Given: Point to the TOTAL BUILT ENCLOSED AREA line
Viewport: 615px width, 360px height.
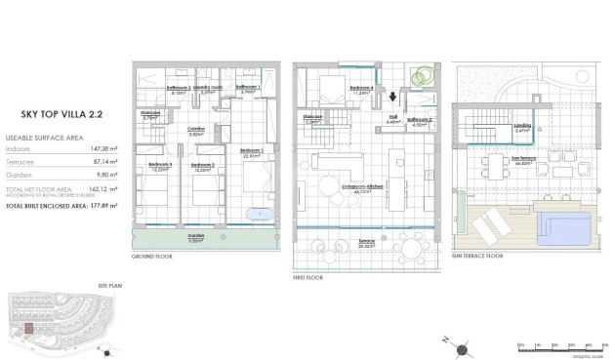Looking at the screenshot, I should [61, 206].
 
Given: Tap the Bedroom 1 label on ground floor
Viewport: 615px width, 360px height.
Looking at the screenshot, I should [252, 150].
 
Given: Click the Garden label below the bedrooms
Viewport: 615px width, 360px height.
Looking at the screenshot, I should [196, 235].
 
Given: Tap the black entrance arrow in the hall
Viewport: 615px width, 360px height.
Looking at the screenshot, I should [392, 96].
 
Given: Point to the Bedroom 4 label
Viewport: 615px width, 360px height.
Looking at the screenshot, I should [334, 89].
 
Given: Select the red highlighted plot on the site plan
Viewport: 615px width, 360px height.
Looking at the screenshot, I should [29, 329].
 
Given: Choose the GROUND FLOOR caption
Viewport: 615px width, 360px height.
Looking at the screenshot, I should [151, 256].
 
